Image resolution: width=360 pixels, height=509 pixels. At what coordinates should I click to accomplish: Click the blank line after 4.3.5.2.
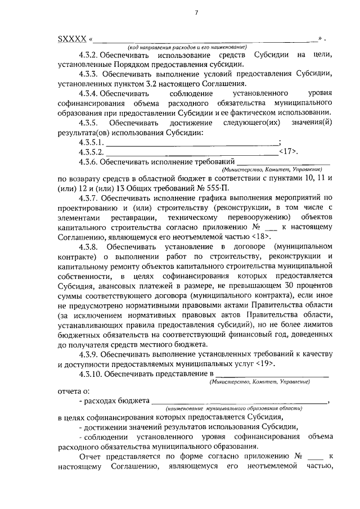pyautogui.click(x=191, y=152)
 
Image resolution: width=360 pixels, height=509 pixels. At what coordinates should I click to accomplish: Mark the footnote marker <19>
pyautogui.click(x=263, y=363)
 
